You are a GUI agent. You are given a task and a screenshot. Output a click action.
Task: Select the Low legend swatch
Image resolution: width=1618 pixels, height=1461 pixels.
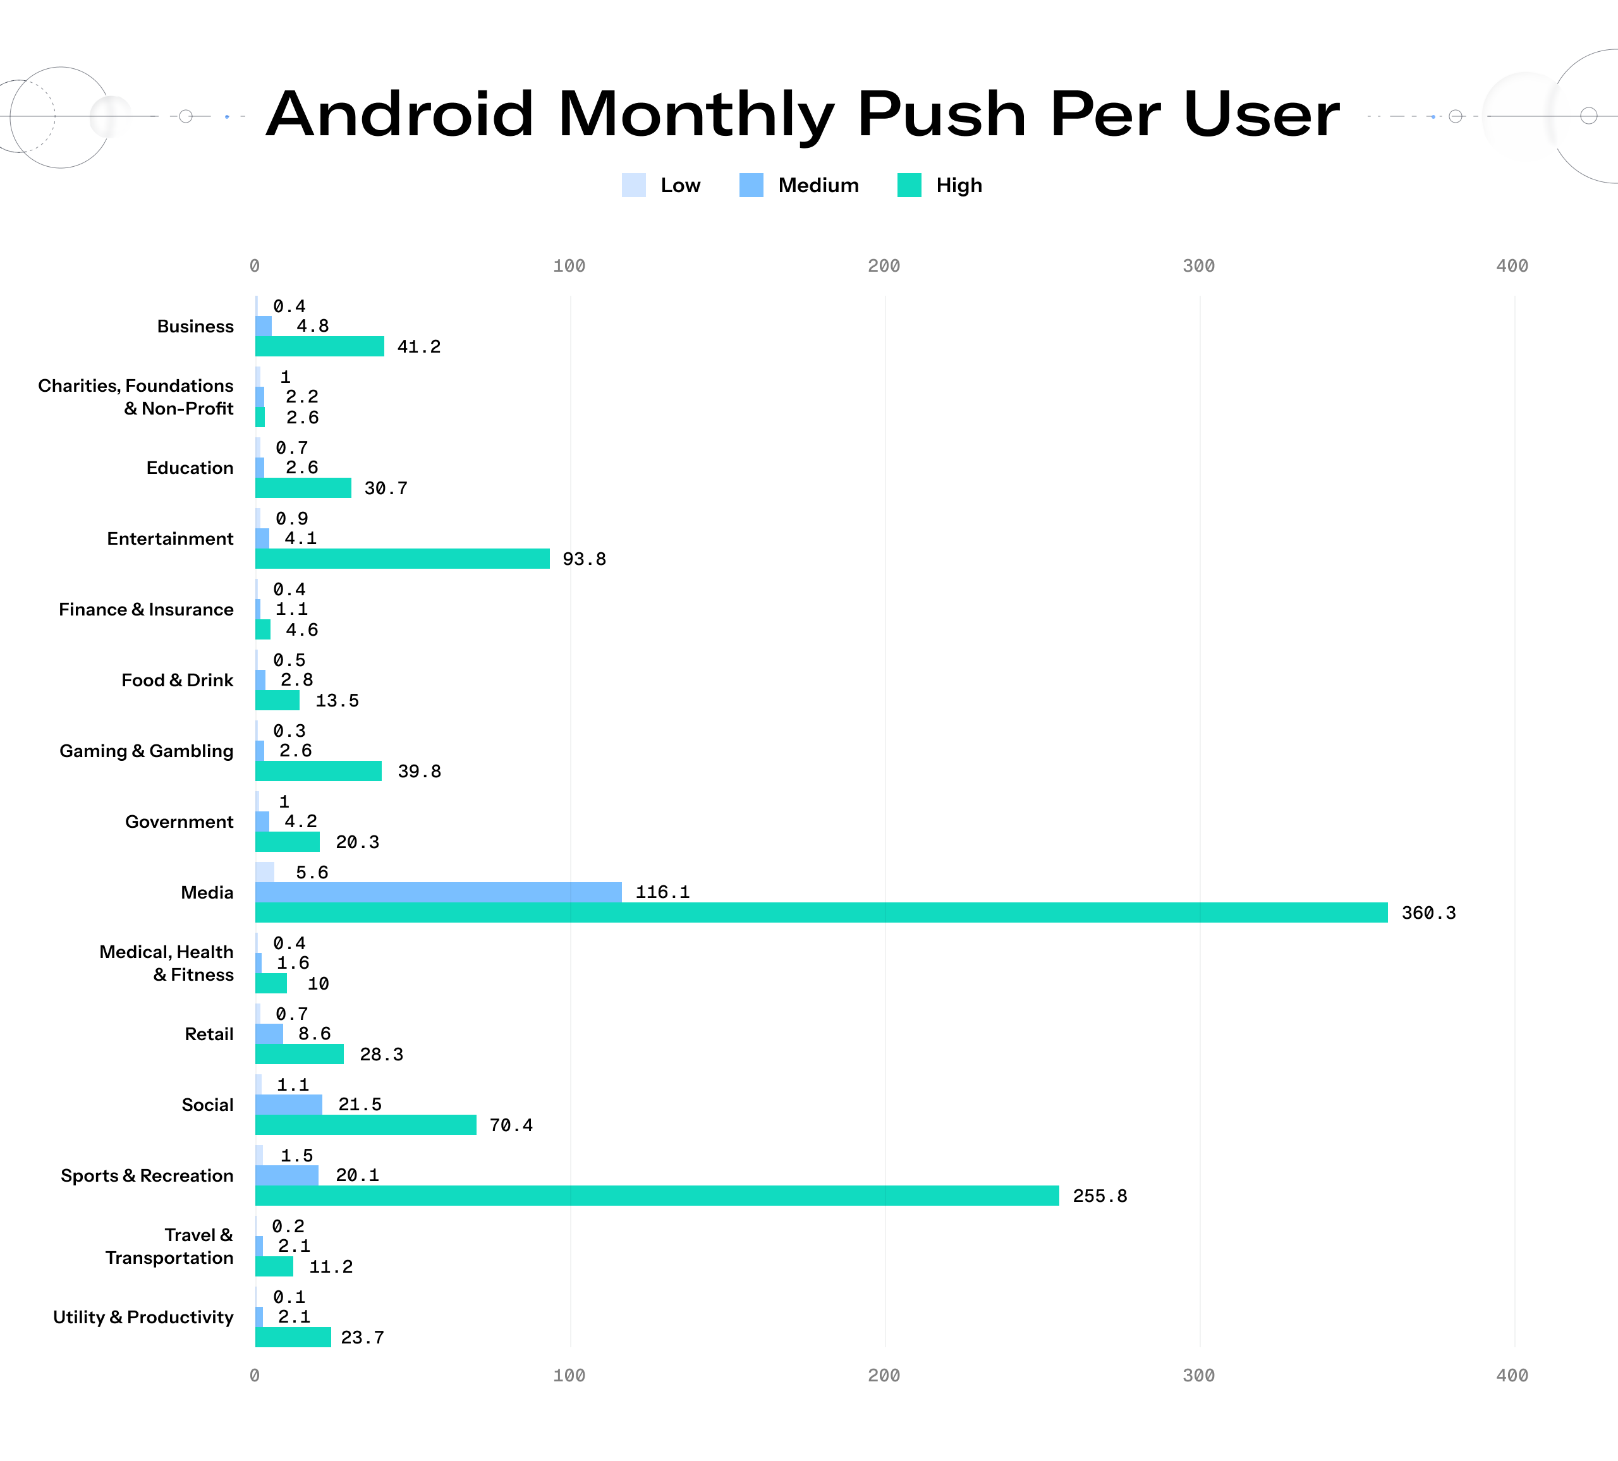pos(633,185)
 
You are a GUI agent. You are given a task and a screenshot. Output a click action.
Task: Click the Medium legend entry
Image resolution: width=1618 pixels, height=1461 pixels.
pos(798,185)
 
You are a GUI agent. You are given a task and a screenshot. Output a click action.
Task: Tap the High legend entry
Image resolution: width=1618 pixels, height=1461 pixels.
pos(940,185)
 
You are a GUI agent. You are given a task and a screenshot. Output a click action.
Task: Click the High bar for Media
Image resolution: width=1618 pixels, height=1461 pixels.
pos(821,912)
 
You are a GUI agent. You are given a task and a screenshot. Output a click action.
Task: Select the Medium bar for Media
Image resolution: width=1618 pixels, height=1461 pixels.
pos(438,892)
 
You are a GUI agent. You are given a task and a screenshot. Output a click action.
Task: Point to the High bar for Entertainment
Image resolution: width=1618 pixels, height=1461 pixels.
pos(402,559)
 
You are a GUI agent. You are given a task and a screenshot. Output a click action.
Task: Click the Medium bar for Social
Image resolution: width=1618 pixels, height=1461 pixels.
pos(289,1104)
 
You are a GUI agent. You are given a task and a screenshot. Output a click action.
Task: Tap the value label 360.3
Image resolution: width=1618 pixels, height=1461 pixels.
pos(1428,913)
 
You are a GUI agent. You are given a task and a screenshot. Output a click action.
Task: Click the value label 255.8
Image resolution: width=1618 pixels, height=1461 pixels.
pos(1100,1196)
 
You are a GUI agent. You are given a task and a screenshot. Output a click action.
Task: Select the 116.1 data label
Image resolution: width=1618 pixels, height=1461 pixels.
pos(662,892)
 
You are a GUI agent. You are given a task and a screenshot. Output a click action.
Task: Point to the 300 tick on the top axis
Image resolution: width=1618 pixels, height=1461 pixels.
pos(1198,265)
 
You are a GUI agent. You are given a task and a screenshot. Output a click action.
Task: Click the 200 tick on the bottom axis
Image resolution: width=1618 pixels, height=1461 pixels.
pos(884,1375)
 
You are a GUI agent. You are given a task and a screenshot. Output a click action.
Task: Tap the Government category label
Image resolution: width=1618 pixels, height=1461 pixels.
pos(179,821)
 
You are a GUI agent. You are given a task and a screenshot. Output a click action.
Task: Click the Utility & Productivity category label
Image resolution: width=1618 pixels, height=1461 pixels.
pos(143,1316)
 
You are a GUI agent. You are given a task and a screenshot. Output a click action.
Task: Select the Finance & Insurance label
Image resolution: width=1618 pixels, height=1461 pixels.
pos(146,609)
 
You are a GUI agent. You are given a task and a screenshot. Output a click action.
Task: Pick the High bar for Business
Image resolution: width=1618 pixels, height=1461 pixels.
pos(319,346)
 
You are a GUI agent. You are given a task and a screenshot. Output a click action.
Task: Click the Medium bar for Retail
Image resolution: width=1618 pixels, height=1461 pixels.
pos(269,1033)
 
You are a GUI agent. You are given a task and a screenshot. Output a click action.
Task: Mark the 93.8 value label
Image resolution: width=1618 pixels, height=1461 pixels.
pos(583,559)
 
